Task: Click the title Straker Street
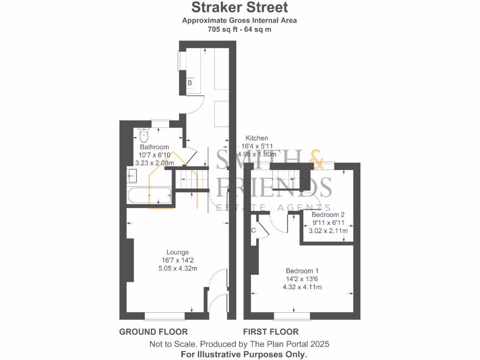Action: click(240, 7)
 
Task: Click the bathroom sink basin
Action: click(131, 177)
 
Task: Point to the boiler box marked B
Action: click(190, 83)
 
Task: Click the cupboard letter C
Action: click(254, 230)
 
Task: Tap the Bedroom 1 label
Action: click(302, 270)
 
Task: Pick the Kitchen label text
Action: click(257, 138)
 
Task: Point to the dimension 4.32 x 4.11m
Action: click(302, 287)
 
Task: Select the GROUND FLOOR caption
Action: click(153, 332)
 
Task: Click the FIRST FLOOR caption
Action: click(270, 332)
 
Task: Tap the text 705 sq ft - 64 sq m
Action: click(240, 29)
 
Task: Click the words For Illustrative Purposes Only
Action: click(244, 354)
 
